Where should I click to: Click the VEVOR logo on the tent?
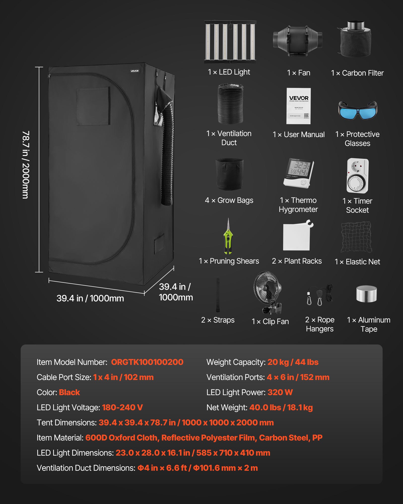[x=135, y=71]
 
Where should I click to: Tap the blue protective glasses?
[x=357, y=110]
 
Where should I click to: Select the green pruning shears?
[x=228, y=237]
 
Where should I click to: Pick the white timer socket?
[x=357, y=176]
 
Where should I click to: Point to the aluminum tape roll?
[x=366, y=294]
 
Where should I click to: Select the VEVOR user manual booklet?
[x=298, y=106]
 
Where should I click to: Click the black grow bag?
[x=229, y=174]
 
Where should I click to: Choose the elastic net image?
[x=356, y=237]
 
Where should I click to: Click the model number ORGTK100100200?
[x=147, y=362]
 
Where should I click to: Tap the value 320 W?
[x=280, y=392]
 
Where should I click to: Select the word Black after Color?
[x=69, y=392]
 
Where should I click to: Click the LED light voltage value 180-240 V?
[x=122, y=407]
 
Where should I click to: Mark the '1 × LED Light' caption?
[x=229, y=72]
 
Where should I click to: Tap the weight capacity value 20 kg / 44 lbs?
[x=293, y=362]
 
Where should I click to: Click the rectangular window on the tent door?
[x=93, y=106]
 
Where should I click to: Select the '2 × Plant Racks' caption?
[x=297, y=261]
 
